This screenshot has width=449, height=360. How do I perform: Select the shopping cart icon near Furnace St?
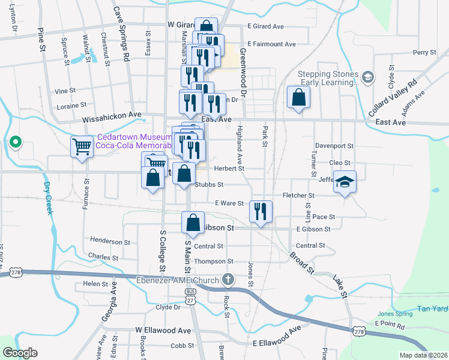click(x=82, y=146)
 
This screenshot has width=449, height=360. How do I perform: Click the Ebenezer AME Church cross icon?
click(x=228, y=279)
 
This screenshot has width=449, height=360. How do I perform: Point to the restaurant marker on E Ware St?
click(x=261, y=211)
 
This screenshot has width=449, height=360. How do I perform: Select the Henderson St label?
click(x=110, y=241)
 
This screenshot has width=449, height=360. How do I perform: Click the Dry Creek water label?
click(x=48, y=199)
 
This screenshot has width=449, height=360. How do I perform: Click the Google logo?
click(x=20, y=353)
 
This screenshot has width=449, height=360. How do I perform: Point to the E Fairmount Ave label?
click(x=271, y=44)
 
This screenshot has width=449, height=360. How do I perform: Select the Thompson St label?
click(x=213, y=262)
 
